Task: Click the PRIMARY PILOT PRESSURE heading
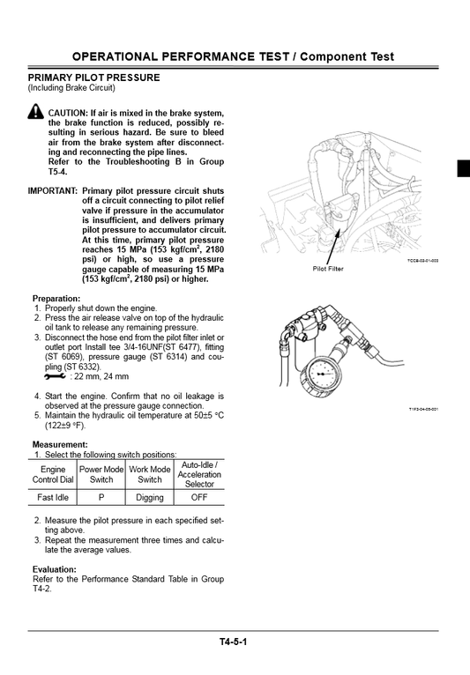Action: [93, 78]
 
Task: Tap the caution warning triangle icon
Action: [35, 112]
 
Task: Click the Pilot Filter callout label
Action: [330, 269]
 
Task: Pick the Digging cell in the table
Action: [149, 497]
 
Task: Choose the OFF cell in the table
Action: [199, 497]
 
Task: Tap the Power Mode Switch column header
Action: [101, 474]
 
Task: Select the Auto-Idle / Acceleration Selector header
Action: [199, 474]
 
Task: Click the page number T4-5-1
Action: [234, 642]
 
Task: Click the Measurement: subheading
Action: [60, 444]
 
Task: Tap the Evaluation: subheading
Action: [56, 569]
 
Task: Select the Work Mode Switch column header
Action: [149, 474]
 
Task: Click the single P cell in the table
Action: [101, 497]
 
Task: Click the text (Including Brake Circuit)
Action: [71, 88]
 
